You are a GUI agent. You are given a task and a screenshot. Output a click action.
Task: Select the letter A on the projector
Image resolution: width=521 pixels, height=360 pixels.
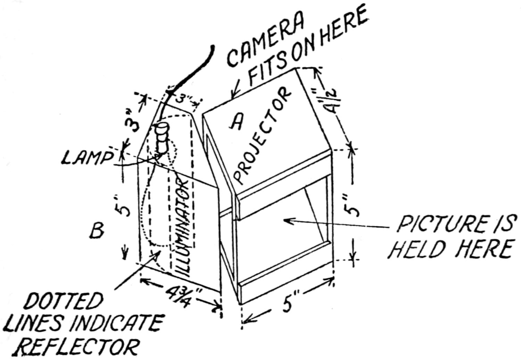[237, 122]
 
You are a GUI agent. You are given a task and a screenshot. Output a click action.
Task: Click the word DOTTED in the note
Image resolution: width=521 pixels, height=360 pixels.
[64, 302]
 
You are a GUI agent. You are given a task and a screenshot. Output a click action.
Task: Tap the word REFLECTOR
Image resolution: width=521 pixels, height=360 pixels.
[77, 346]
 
